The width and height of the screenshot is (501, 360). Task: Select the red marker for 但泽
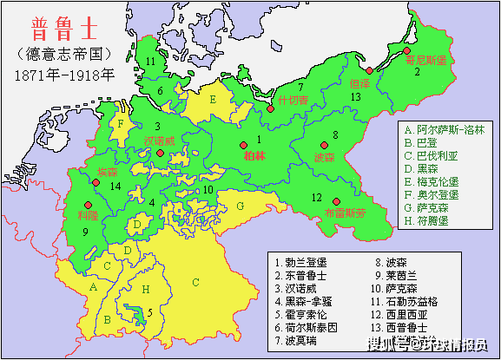[x=369, y=70]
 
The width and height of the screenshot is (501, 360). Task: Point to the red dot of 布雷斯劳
[x=336, y=200]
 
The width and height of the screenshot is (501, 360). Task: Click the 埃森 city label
[x=108, y=171]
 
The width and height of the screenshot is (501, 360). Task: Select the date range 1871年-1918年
[x=63, y=75]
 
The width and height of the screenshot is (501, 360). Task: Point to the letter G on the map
[x=240, y=206]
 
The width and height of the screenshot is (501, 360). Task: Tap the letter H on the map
[x=146, y=287]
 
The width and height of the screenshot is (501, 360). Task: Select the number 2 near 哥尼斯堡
[x=417, y=72]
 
